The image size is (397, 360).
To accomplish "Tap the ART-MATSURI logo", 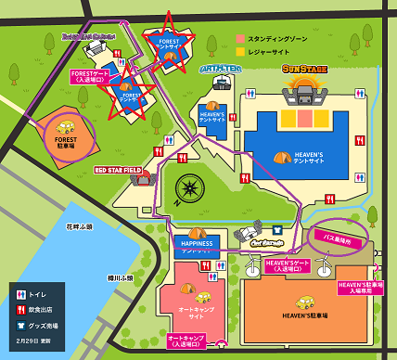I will click(x=220, y=68).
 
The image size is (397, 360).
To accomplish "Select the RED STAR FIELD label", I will click(x=118, y=171).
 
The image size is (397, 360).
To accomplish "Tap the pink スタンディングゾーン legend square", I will click(x=240, y=39).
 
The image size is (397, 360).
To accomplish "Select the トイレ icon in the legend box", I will click(x=20, y=294).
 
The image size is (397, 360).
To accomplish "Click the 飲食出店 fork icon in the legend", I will click(x=20, y=311).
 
